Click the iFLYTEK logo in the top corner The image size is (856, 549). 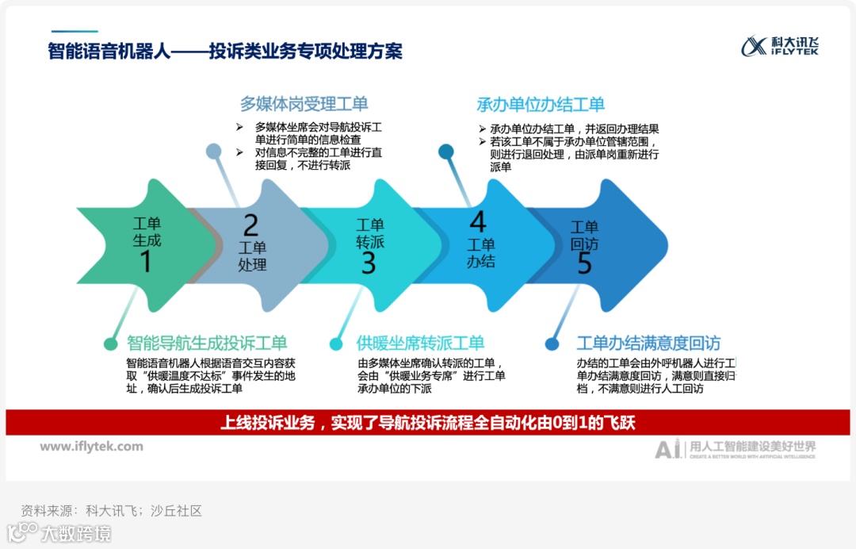pos(780,46)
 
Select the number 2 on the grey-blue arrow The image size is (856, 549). pos(250,225)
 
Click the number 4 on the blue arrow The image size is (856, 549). pos(477,221)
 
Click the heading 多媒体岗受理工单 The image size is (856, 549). pos(304,104)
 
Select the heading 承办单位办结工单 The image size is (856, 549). pos(541,105)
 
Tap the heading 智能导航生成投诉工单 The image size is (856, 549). pos(207,344)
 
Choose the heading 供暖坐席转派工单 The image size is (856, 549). pos(420,344)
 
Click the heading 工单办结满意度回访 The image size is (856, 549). pos(648,344)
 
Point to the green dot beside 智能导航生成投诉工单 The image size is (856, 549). pos(111,344)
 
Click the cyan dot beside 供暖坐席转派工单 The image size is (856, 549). pos(337,344)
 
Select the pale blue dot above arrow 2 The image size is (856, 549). pos(213,151)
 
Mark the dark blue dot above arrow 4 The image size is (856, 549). pos(446,151)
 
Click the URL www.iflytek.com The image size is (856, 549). pos(92,447)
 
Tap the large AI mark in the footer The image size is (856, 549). pos(667,449)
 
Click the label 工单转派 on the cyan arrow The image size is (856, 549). pos(369,233)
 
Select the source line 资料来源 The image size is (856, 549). pos(111,510)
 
